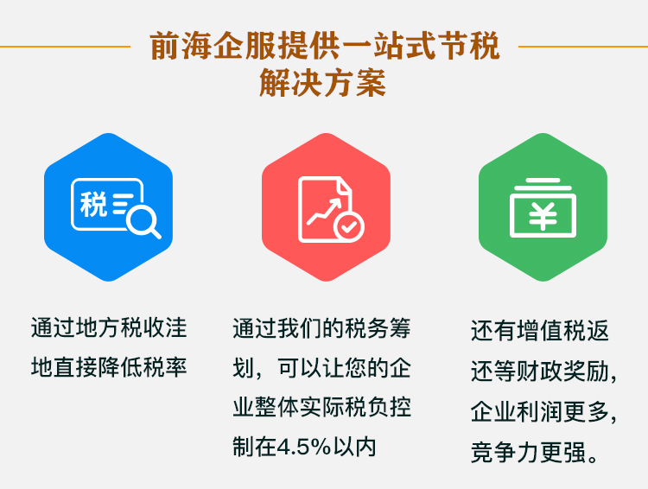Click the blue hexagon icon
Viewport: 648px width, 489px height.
pos(108,207)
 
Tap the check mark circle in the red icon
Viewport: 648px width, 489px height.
pos(349,226)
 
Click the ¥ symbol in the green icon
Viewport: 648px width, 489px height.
pos(543,216)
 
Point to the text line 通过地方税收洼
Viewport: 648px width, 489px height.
pos(109,330)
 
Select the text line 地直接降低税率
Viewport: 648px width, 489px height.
pos(109,368)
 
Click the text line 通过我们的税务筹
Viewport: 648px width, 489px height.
pos(321,330)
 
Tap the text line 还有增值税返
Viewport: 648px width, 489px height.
pos(539,332)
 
